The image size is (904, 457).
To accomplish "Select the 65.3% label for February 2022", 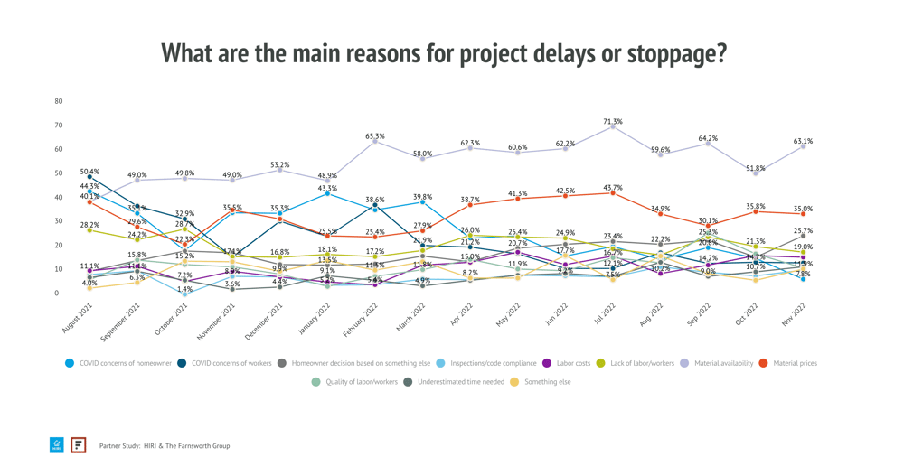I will click(375, 137).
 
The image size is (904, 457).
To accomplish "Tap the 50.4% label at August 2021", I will click(89, 172).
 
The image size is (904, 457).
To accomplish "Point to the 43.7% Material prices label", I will click(613, 188).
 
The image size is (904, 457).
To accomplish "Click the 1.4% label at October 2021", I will click(184, 290).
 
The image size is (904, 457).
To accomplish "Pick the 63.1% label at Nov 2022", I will click(803, 142).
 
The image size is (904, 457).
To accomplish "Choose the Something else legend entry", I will click(545, 382).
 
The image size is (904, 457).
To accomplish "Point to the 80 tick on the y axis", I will click(59, 101).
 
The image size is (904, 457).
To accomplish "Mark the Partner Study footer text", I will click(164, 445).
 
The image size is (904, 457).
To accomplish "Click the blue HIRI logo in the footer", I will click(57, 445).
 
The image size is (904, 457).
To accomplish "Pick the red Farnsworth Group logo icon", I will click(79, 445).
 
